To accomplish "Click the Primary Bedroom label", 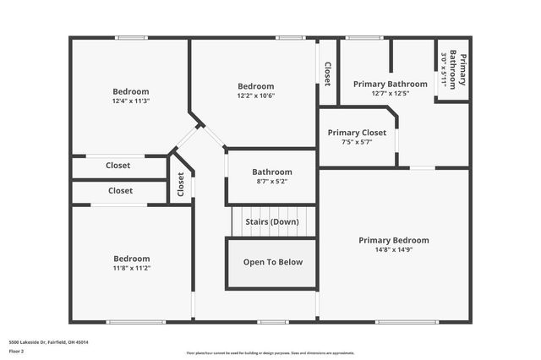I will point(393,240).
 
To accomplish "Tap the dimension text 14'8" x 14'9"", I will point(393,250).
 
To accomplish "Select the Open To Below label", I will point(272,262).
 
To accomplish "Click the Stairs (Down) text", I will point(272,221).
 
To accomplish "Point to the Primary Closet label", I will point(357,133).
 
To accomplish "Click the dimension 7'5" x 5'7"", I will point(357,142).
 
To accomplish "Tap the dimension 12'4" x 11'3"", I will point(131,101).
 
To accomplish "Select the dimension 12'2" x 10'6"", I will point(255,95).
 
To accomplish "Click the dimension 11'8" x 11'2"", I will point(132,268).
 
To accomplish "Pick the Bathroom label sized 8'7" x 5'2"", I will point(271,172).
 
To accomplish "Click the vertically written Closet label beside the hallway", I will point(181,184).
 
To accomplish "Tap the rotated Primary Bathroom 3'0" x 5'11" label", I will point(453,69).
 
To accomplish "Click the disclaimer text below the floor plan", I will point(270,353).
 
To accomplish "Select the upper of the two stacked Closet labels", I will point(118,166).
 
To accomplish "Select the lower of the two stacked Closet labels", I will point(120,191).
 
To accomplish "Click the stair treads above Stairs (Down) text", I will point(272,210).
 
